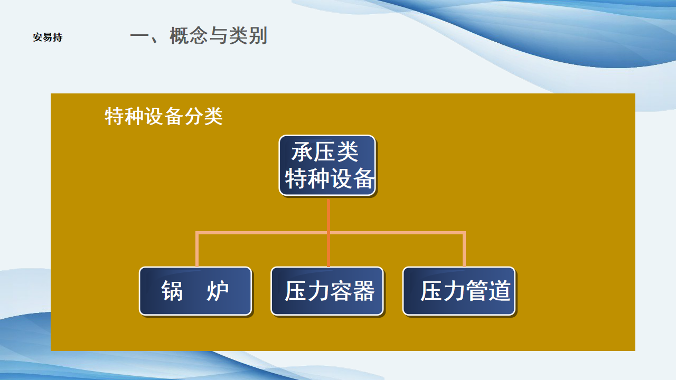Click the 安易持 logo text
(48, 37)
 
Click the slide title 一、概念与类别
(199, 36)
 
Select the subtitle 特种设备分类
(164, 116)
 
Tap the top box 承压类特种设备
(327, 165)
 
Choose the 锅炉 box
(195, 291)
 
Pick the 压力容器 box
(327, 291)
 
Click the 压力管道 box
(459, 291)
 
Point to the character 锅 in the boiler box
(172, 291)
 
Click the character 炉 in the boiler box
(218, 291)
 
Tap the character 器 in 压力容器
(364, 291)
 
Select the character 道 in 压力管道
(500, 291)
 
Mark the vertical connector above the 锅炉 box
(197, 249)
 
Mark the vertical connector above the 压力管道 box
(464, 249)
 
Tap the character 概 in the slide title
(179, 36)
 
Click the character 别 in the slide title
(258, 36)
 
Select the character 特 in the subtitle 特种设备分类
(115, 116)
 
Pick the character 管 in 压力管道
(477, 291)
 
